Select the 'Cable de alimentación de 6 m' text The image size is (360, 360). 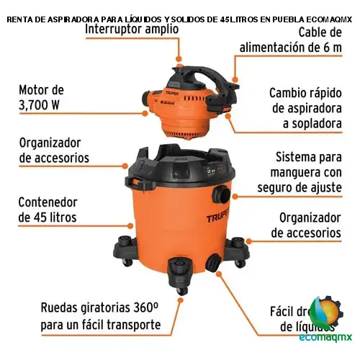291,40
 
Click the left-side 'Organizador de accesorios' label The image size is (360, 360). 54,150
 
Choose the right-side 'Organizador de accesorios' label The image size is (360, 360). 305,225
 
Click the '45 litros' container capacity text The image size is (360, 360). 47,217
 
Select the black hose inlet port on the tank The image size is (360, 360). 224,195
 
